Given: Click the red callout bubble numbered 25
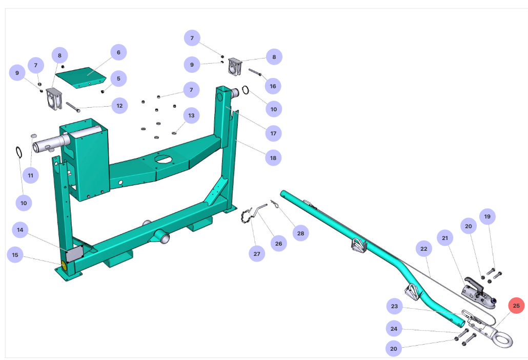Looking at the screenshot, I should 516,306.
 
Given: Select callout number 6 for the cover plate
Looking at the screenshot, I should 118,52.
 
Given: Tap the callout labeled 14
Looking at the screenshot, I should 20,230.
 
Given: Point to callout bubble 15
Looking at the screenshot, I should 15,255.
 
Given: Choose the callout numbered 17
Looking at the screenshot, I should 273,133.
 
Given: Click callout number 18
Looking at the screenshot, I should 273,158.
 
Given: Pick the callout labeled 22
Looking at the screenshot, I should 423,249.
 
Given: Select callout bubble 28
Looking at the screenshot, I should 300,233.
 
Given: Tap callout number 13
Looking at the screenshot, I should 191,115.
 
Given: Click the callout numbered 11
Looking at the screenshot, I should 31,175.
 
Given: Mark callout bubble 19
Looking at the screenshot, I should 488,216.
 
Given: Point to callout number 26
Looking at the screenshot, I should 278,243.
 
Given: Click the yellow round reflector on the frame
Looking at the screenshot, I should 65,265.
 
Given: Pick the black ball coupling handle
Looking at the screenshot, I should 473,281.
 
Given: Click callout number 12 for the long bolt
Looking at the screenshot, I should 119,106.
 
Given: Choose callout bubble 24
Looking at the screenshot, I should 394,329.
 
